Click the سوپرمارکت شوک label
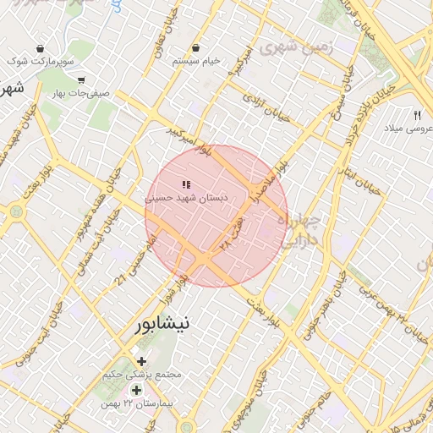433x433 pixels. click(x=41, y=62)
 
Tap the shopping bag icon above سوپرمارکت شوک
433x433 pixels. click(x=40, y=49)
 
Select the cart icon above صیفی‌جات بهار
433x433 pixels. click(x=81, y=80)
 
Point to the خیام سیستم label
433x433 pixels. click(x=196, y=61)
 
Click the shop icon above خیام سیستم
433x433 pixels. click(x=196, y=48)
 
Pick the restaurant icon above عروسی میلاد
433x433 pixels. click(x=416, y=115)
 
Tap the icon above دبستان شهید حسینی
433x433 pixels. click(x=186, y=184)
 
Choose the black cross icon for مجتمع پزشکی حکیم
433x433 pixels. click(x=142, y=361)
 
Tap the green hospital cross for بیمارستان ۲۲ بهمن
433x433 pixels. click(x=136, y=390)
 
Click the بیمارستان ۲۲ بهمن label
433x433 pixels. click(x=135, y=404)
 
